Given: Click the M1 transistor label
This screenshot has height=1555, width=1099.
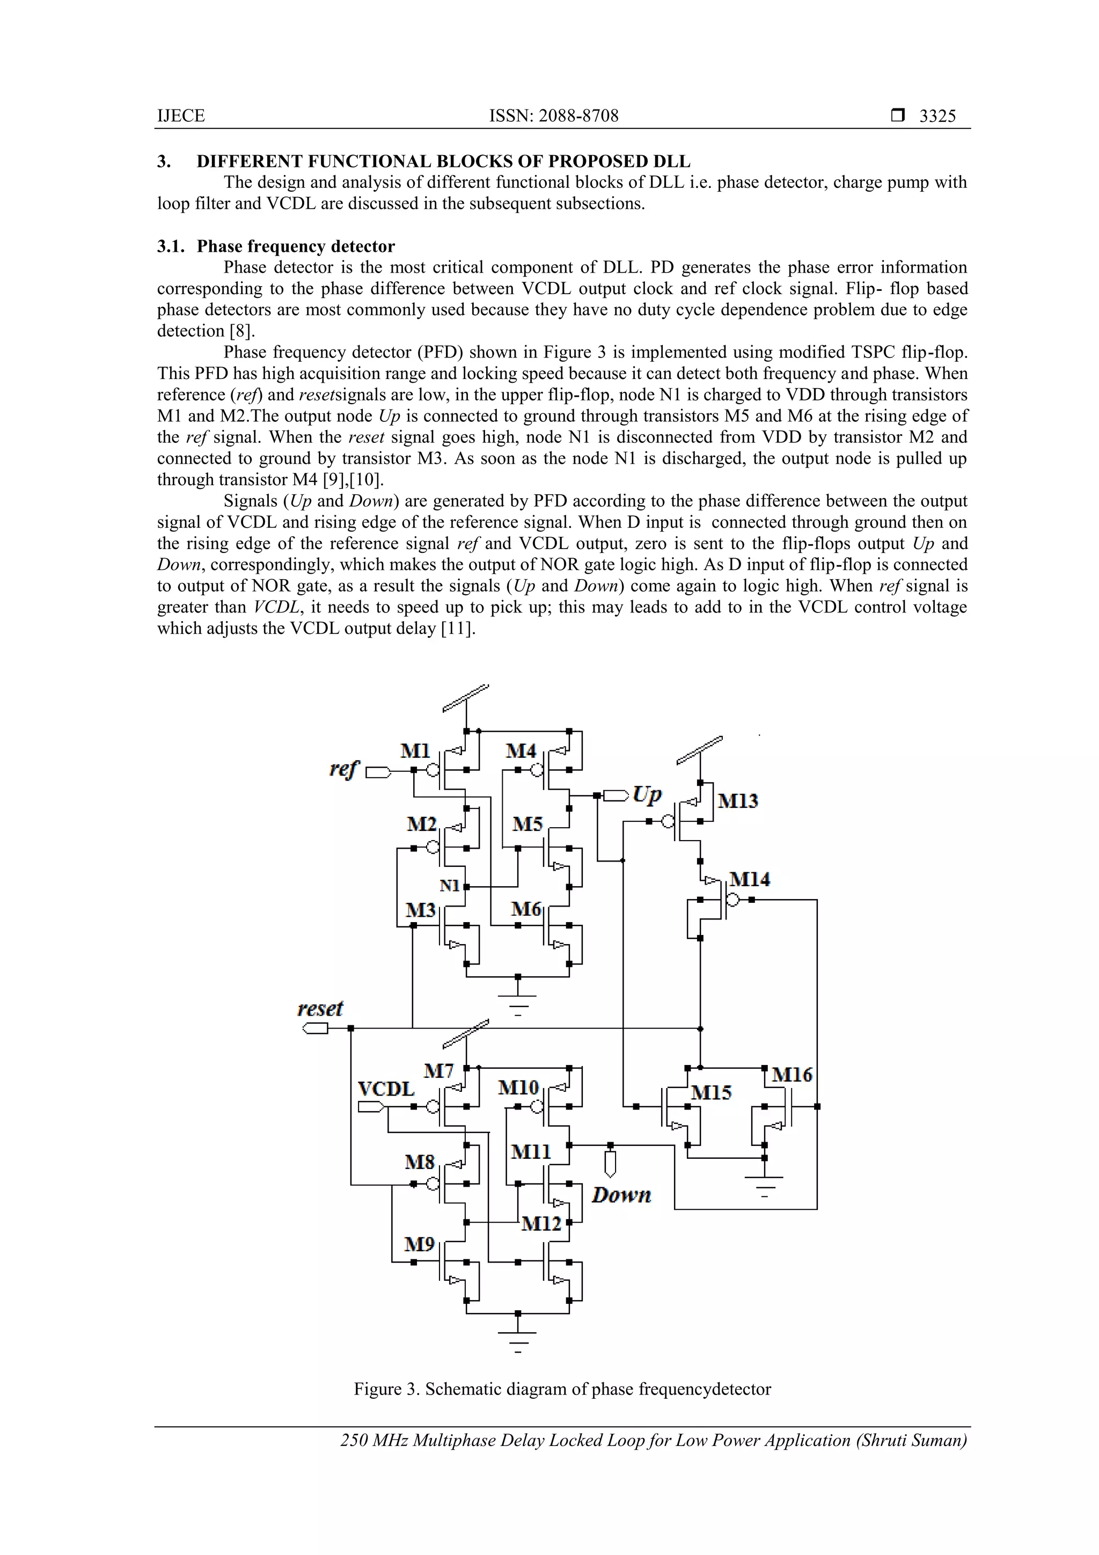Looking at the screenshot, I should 415,750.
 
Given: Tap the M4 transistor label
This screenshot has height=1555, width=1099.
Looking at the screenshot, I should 521,750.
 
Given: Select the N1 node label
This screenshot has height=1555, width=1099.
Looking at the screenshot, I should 450,885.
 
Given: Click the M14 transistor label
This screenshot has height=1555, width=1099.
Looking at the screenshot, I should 750,879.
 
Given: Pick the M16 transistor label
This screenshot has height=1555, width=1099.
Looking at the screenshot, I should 792,1074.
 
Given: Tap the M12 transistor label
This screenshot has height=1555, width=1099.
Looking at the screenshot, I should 541,1223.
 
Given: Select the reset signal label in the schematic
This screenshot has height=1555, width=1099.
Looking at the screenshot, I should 320,1009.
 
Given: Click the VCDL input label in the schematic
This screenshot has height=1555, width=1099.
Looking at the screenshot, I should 386,1089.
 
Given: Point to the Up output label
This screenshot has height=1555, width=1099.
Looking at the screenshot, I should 647,794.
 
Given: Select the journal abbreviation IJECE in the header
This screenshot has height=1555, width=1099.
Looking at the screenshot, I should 181,116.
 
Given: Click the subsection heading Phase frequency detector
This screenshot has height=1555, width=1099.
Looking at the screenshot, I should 296,246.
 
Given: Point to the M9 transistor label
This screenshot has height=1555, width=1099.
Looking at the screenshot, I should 419,1244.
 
